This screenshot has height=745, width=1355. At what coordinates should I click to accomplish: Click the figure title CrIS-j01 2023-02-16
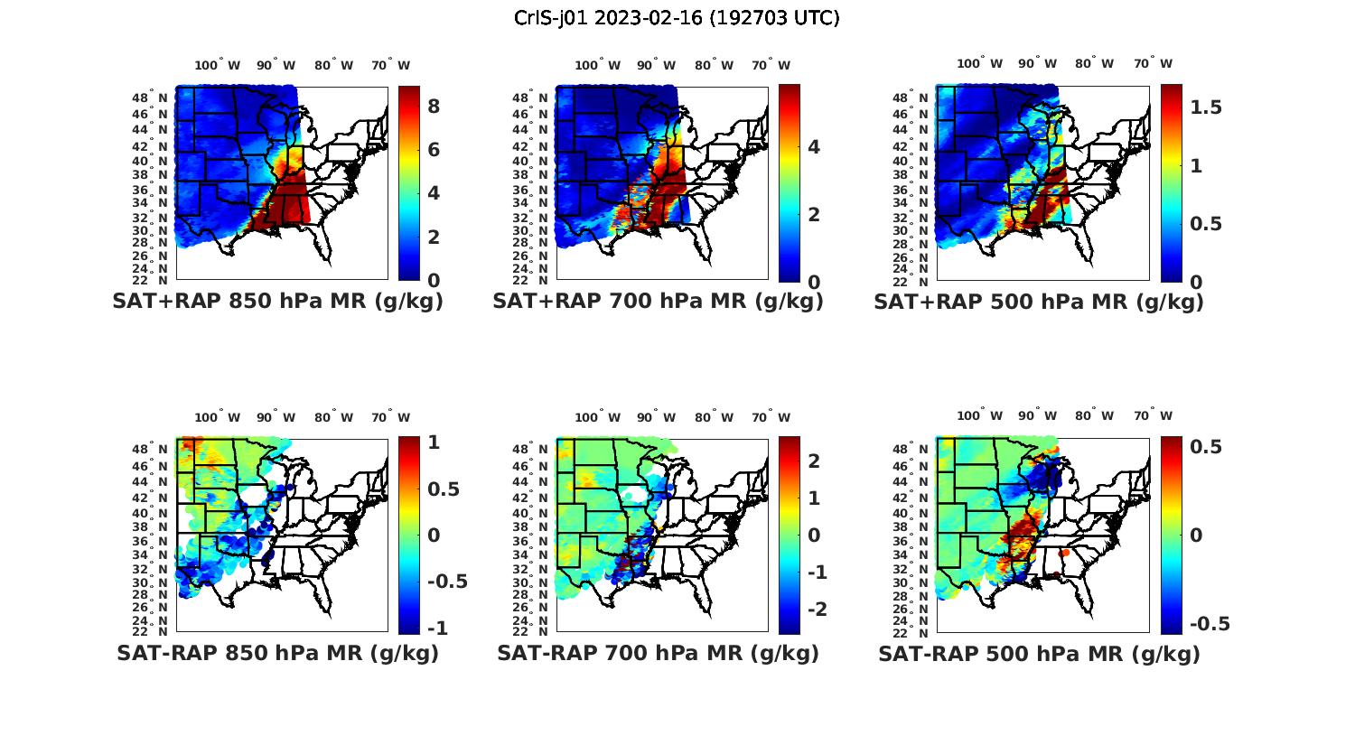pos(677,18)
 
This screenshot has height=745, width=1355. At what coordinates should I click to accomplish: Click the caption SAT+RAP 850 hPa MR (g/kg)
pos(277,302)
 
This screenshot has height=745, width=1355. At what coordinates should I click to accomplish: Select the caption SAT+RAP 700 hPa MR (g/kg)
pos(658,302)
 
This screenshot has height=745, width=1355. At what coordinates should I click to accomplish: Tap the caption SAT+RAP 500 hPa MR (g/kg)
pos(1039,302)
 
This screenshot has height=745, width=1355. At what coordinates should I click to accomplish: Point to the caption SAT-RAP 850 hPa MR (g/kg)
pos(277,653)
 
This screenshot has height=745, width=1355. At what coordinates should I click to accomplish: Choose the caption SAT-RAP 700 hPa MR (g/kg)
pos(658,653)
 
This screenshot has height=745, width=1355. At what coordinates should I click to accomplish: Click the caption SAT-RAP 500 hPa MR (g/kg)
pos(1039,653)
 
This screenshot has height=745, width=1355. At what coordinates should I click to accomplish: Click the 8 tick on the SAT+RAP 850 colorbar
pos(434,107)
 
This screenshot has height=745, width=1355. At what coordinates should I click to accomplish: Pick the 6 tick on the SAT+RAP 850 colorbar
pos(434,150)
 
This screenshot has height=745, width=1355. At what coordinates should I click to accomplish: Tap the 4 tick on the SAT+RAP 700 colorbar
pos(813,147)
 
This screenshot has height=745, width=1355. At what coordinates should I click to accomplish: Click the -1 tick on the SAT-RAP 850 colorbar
pos(436,628)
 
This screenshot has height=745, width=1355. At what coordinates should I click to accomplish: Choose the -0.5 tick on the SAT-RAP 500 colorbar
pos(1210,624)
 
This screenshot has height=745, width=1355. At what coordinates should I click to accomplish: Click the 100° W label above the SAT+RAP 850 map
pos(218,65)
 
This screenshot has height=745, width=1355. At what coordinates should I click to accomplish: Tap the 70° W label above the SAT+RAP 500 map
pos(1154,63)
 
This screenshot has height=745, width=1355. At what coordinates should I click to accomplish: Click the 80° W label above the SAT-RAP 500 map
pos(1095,415)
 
